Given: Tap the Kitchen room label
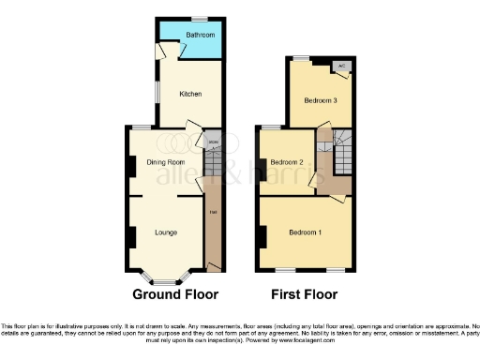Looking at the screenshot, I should coord(190,94).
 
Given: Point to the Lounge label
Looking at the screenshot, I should coord(166,232).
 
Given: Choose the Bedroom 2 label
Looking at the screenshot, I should coord(287,162).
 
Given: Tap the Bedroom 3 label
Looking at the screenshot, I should coord(322,100).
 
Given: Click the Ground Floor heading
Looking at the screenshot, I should coord(169,294).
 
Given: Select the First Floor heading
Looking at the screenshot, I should coord(304,294).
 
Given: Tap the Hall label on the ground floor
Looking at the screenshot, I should coord(213,211).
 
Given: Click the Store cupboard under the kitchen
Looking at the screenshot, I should coord(213,142).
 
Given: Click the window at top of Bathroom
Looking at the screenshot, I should coord(200,20).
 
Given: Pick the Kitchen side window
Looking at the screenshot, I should coord(156,94).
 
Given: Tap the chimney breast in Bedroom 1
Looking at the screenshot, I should coord(259,232).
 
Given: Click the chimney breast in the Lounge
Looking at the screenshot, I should coord(131,236).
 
